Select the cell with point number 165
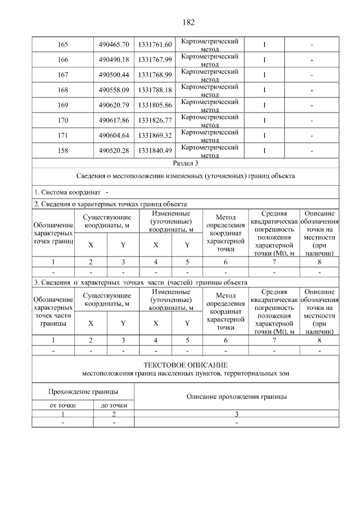coord(62,44)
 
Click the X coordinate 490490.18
coord(114,59)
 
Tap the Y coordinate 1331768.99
coord(155,74)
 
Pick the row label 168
coord(62,89)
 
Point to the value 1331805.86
coord(155,105)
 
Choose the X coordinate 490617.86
coord(114,120)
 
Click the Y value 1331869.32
coord(155,135)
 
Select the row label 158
coord(62,150)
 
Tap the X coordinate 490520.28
coord(114,150)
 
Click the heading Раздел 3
coord(185,163)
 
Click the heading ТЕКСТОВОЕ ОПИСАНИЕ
coord(185,365)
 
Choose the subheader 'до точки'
coord(114,405)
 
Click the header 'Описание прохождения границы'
coord(237,397)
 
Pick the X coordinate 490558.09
coord(114,89)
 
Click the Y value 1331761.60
coord(155,44)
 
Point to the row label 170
coord(62,120)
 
